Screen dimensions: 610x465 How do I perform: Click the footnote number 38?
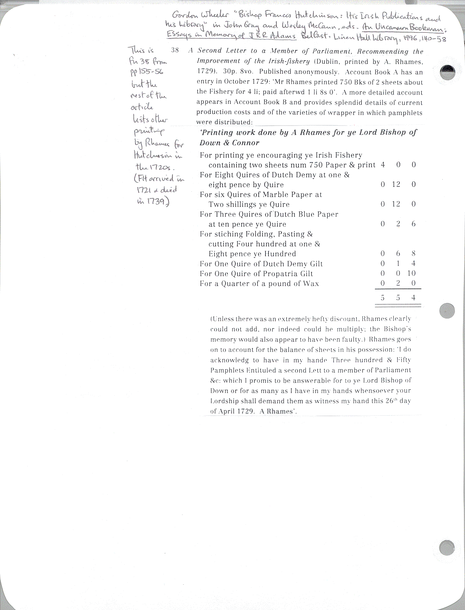pyautogui.click(x=175, y=50)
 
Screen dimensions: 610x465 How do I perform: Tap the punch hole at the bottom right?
pyautogui.click(x=447, y=548)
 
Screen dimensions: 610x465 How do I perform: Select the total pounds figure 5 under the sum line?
pyautogui.click(x=382, y=298)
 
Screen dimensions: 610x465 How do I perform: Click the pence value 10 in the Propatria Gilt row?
pyautogui.click(x=411, y=273)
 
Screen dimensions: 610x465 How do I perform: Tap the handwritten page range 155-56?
pyautogui.click(x=150, y=72)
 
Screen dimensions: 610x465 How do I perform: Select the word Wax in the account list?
pyautogui.click(x=311, y=284)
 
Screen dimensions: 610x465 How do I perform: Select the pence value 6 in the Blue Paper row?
pyautogui.click(x=414, y=224)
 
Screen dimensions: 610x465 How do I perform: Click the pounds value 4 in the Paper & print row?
pyautogui.click(x=383, y=165)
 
